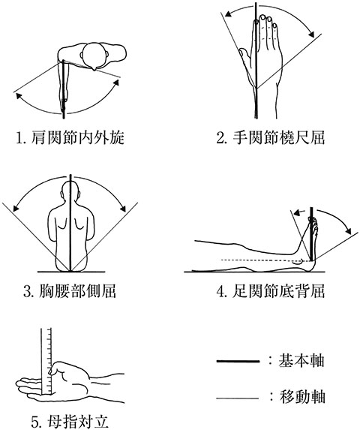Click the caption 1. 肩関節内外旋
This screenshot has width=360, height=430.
[x=70, y=137]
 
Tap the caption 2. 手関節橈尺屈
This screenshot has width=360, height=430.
[x=271, y=137]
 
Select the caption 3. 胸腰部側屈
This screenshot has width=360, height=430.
[x=70, y=291]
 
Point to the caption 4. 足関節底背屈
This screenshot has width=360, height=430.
[x=271, y=291]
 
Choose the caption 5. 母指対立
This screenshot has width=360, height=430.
[x=70, y=422]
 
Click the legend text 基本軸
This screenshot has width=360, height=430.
[x=301, y=360]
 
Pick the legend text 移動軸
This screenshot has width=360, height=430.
[x=302, y=396]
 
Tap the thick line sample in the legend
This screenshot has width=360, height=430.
[x=238, y=361]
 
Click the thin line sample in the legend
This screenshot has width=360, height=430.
[x=238, y=398]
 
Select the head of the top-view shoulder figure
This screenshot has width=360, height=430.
[x=94, y=56]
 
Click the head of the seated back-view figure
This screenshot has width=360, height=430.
[x=70, y=191]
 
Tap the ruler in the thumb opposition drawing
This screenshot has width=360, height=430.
[x=46, y=362]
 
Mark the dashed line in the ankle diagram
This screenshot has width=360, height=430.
[x=265, y=260]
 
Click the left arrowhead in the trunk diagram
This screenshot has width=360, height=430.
[x=16, y=209]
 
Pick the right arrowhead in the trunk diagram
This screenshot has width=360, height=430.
[x=123, y=208]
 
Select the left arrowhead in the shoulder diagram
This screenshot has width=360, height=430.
[x=19, y=96]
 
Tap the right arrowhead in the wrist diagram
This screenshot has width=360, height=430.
[x=311, y=34]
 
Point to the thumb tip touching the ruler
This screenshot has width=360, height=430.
[x=51, y=371]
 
